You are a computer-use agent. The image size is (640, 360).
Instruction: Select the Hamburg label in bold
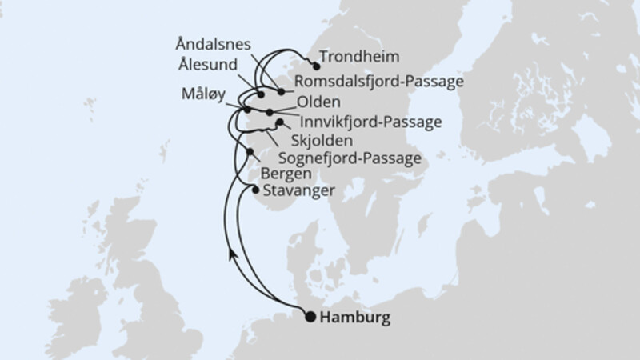(x=356, y=318)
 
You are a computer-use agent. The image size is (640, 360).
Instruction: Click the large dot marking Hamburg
(x=310, y=317)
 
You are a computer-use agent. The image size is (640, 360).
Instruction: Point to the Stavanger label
(x=293, y=190)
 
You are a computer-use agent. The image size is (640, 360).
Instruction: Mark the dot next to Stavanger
(x=255, y=190)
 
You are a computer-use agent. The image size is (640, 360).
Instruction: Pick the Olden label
(x=314, y=103)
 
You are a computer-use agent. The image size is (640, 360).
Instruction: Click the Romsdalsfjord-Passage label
(x=379, y=81)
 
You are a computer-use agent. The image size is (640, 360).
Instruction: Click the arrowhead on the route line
(x=231, y=255)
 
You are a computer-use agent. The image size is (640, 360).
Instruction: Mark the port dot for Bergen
(x=251, y=153)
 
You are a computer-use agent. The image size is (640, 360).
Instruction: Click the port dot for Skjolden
(x=279, y=123)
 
